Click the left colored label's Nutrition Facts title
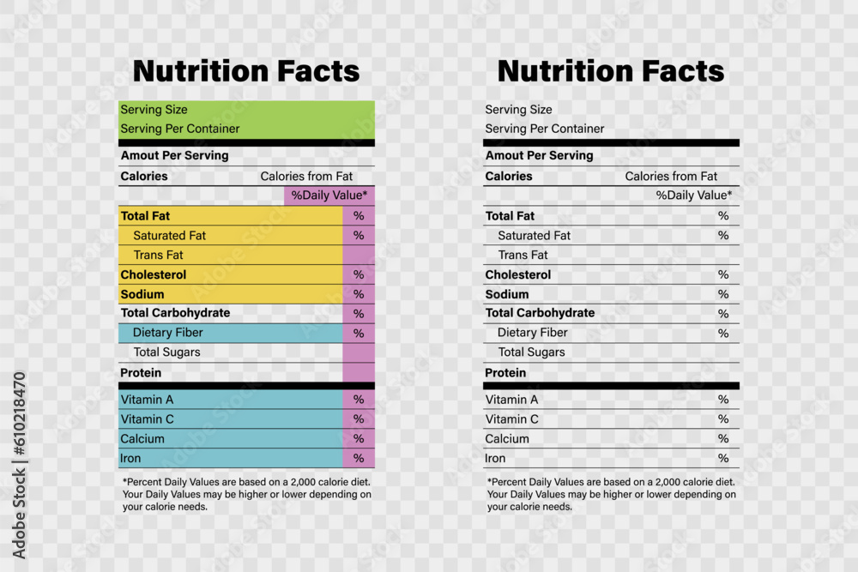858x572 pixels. pos(246,71)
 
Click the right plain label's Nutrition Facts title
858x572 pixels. pos(611,71)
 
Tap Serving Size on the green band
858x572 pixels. pos(154,110)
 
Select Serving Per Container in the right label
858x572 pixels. pos(544,129)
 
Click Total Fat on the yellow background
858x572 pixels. pos(145,216)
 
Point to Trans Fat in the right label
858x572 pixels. pos(523,255)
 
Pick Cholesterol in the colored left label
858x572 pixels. pos(154,275)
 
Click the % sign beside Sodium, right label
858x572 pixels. pos(723,294)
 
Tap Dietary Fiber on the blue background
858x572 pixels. pos(167,333)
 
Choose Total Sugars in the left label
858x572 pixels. pos(166,352)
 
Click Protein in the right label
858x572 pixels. pos(505,373)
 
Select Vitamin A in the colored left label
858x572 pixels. pos(147,400)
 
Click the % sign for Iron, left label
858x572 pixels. pos(359,459)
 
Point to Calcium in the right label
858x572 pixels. pos(507,439)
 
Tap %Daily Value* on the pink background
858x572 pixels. pos(329,196)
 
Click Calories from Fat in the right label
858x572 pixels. pos(671,177)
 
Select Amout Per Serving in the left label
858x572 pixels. pos(174,156)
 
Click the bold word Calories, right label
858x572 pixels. pos(509,177)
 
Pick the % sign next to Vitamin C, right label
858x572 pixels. pos(723,419)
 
